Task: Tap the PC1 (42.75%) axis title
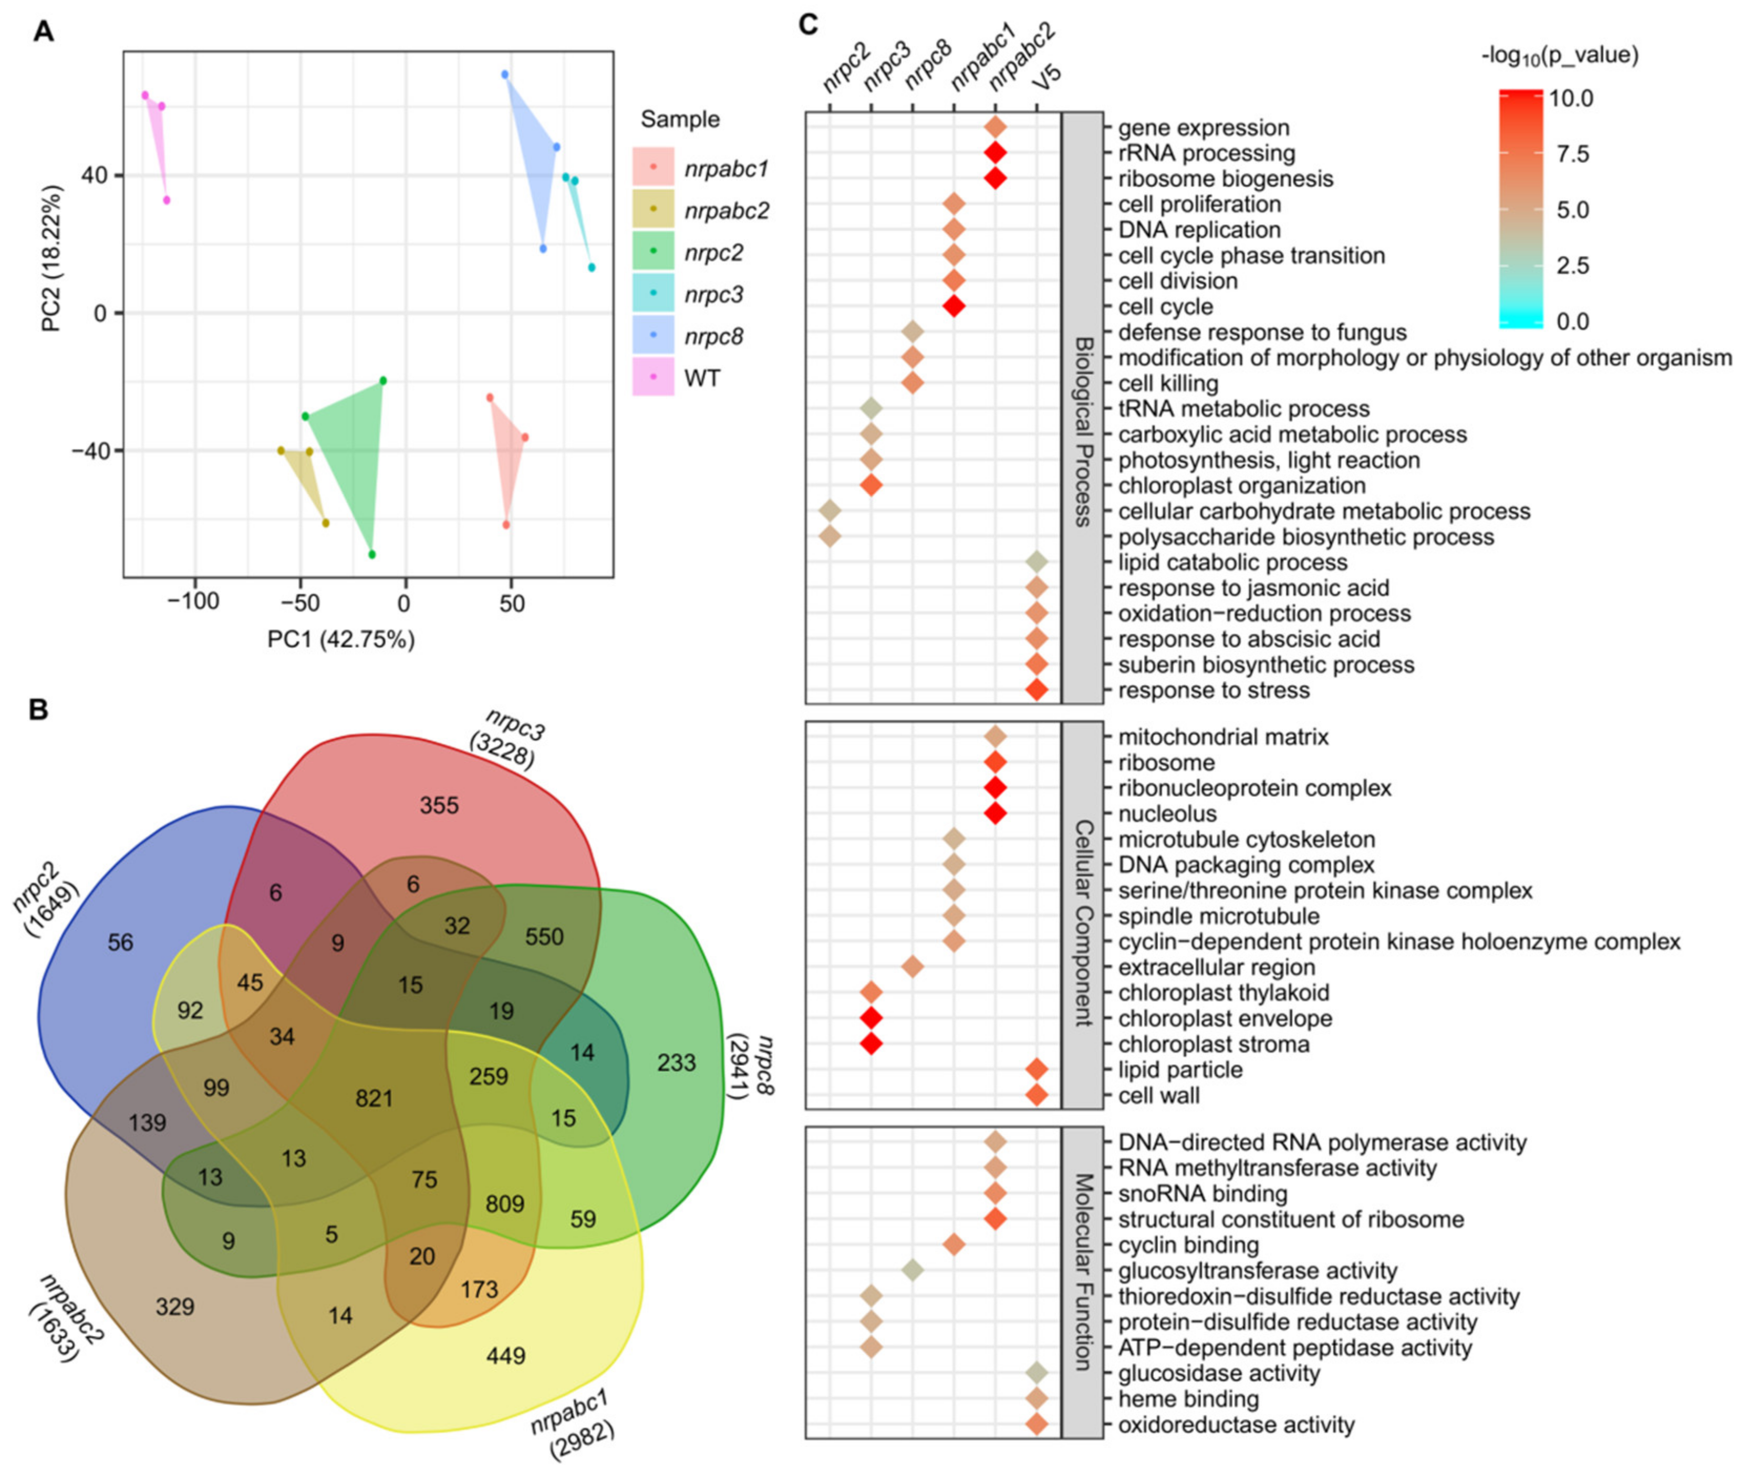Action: (341, 640)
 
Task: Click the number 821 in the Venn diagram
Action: (374, 1097)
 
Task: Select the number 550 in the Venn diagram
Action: (544, 937)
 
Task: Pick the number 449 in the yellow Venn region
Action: (505, 1355)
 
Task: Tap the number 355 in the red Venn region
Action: (439, 806)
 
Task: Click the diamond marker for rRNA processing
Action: (994, 153)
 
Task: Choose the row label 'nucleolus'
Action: (1167, 813)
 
